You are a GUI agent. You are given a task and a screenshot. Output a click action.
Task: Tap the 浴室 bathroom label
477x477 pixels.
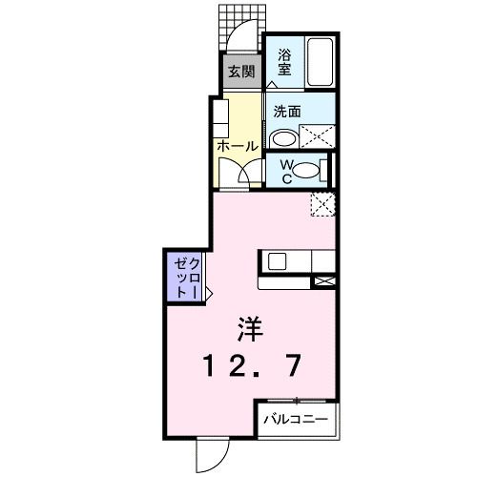click(284, 62)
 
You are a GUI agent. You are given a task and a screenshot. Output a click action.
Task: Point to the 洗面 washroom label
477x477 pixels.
click(287, 112)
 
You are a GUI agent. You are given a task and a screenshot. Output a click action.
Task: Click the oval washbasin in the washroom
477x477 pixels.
click(282, 138)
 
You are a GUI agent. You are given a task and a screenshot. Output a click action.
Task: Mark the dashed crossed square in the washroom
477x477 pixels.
click(318, 137)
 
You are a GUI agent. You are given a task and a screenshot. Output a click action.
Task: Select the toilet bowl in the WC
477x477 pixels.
click(306, 172)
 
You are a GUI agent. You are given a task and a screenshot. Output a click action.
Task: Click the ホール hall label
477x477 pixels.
click(238, 146)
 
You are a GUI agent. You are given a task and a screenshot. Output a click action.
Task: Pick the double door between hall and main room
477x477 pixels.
click(238, 176)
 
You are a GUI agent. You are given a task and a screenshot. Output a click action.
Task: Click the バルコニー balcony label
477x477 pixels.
click(295, 419)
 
